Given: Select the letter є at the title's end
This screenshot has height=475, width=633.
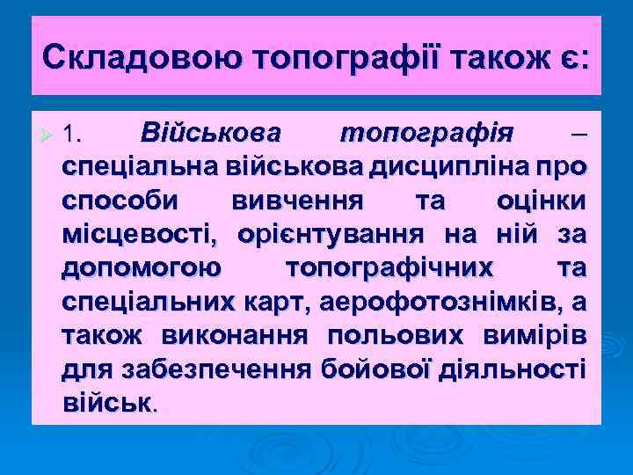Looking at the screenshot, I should (x=573, y=59).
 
